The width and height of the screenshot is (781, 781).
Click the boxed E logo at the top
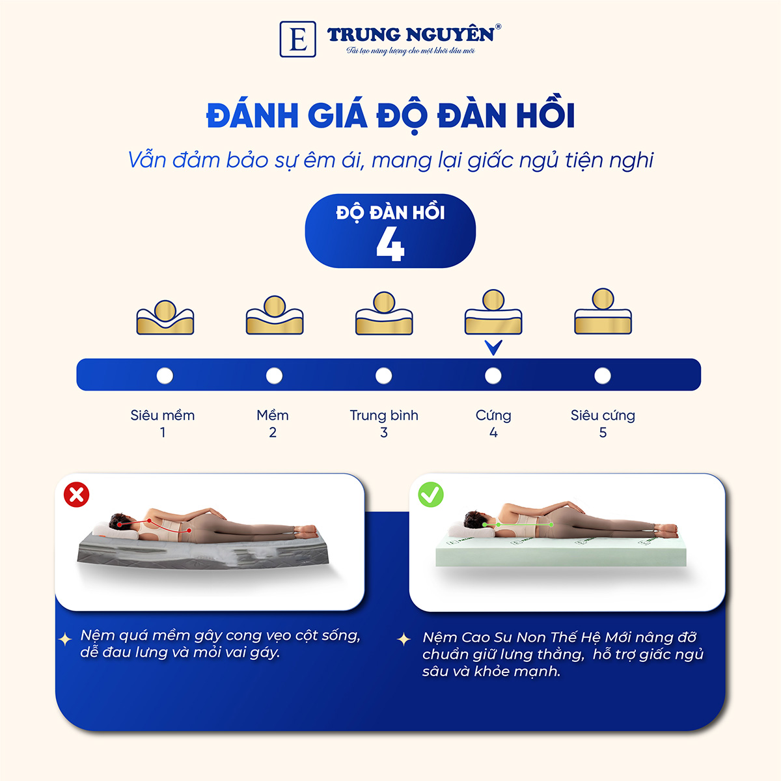click(297, 39)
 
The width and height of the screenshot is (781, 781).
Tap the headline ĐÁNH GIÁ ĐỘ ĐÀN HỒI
click(390, 116)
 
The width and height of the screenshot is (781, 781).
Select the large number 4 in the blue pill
click(390, 245)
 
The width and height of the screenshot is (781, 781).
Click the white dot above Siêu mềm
click(165, 376)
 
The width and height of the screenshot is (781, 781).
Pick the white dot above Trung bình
click(384, 376)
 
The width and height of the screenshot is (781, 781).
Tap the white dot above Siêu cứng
click(603, 376)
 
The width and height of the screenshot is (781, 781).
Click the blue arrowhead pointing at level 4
click(493, 348)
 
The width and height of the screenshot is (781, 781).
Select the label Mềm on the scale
click(273, 415)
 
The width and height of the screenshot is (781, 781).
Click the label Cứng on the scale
click(493, 415)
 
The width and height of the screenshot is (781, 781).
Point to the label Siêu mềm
click(163, 415)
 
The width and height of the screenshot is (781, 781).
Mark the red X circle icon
click(77, 495)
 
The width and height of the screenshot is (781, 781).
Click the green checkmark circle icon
click(431, 495)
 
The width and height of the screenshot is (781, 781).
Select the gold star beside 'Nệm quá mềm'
click(65, 639)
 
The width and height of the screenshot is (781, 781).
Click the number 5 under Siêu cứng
click(603, 433)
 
